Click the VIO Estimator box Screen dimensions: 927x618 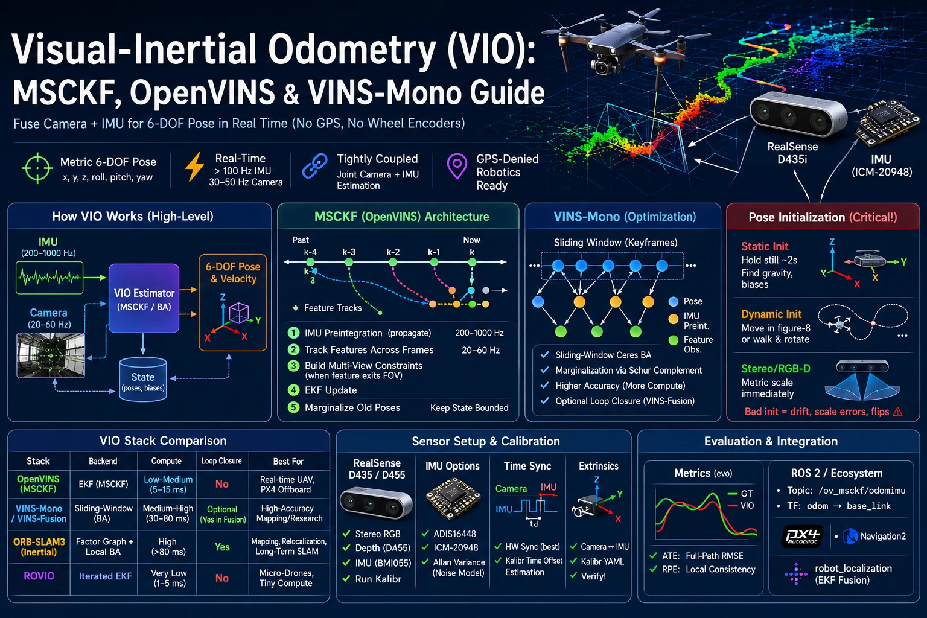[144, 298]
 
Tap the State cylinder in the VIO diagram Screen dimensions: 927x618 [143, 379]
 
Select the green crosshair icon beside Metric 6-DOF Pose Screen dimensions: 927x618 [37, 168]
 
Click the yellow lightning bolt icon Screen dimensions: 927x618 [194, 167]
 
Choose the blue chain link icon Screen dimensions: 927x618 [315, 166]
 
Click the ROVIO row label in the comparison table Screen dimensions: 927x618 [39, 576]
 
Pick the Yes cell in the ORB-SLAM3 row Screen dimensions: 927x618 [222, 547]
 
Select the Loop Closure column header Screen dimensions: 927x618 [221, 460]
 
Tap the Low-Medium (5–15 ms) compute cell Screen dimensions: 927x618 [168, 484]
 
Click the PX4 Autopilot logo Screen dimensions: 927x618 [803, 537]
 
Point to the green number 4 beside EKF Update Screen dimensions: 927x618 [293, 390]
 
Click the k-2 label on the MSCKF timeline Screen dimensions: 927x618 [393, 252]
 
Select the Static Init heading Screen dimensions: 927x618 [765, 246]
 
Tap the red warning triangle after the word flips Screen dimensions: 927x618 [897, 412]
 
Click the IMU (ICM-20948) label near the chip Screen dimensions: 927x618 [882, 165]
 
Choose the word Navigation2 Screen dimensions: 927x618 [883, 537]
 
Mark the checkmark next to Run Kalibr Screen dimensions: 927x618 [346, 579]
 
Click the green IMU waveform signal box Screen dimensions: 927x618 [49, 278]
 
